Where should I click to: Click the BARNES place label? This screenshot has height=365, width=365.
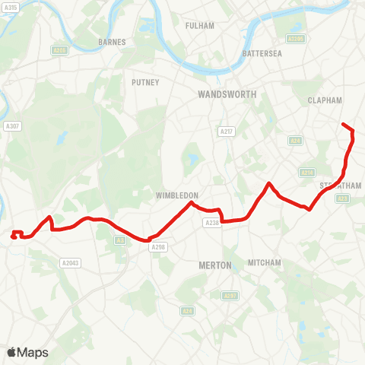click(112, 43)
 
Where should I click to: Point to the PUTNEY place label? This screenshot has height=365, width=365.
click(144, 82)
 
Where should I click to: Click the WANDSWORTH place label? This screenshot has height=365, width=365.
click(227, 94)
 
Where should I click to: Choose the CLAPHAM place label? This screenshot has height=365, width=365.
click(325, 100)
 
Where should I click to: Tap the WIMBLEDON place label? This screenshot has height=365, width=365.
click(176, 195)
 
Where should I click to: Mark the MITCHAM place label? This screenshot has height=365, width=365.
click(265, 263)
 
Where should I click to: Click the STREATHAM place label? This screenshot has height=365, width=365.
click(340, 186)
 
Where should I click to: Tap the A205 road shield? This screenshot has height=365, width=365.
click(59, 50)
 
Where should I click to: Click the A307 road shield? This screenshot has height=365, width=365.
click(11, 126)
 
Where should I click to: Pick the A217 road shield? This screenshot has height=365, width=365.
click(225, 132)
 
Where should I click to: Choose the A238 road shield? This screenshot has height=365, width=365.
click(211, 222)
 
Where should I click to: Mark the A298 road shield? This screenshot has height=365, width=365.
click(158, 246)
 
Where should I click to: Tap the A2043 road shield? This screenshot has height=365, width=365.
click(69, 263)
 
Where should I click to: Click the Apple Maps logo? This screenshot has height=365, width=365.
click(27, 352)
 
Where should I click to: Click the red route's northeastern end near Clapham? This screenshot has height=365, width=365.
click(343, 124)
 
